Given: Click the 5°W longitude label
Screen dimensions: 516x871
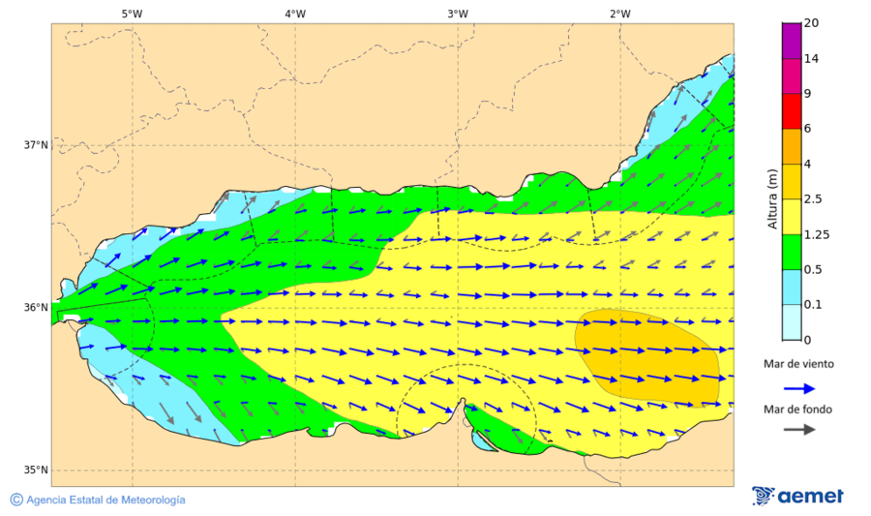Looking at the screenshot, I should pyautogui.click(x=132, y=14).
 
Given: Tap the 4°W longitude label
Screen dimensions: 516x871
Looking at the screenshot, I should pyautogui.click(x=295, y=14).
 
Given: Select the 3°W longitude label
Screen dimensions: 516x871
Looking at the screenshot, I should pyautogui.click(x=458, y=14).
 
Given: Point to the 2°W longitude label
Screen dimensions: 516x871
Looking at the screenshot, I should pyautogui.click(x=620, y=14).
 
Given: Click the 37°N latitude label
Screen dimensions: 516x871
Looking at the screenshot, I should pyautogui.click(x=36, y=145).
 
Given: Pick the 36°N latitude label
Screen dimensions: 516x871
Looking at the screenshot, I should pyautogui.click(x=36, y=308).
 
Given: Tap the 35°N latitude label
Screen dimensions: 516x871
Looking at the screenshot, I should pyautogui.click(x=36, y=470).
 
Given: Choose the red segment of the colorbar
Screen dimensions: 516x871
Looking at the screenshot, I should pyautogui.click(x=792, y=110).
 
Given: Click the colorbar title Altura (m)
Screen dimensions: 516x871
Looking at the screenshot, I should pyautogui.click(x=772, y=199).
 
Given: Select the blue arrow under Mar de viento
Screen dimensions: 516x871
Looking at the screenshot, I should pyautogui.click(x=798, y=387).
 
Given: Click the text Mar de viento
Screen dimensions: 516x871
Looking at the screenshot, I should pyautogui.click(x=798, y=364).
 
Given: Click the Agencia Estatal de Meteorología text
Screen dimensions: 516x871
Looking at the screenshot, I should pyautogui.click(x=105, y=500).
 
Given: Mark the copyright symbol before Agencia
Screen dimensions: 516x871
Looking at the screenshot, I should pyautogui.click(x=16, y=500).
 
